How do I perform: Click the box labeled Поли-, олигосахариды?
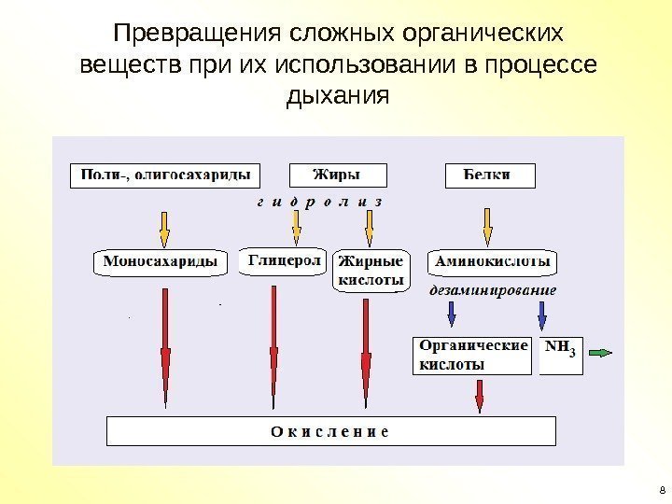(166, 175)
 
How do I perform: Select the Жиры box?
(324, 175)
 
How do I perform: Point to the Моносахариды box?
(161, 262)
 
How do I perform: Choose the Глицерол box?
(285, 262)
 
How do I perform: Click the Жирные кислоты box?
(371, 270)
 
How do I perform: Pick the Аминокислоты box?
(493, 262)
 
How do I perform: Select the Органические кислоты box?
(471, 354)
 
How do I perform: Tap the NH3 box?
(560, 354)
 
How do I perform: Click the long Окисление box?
(331, 431)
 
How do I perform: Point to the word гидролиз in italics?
(318, 202)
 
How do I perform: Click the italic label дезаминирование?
(493, 290)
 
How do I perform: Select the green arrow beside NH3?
(600, 353)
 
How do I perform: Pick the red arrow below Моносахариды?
(166, 345)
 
